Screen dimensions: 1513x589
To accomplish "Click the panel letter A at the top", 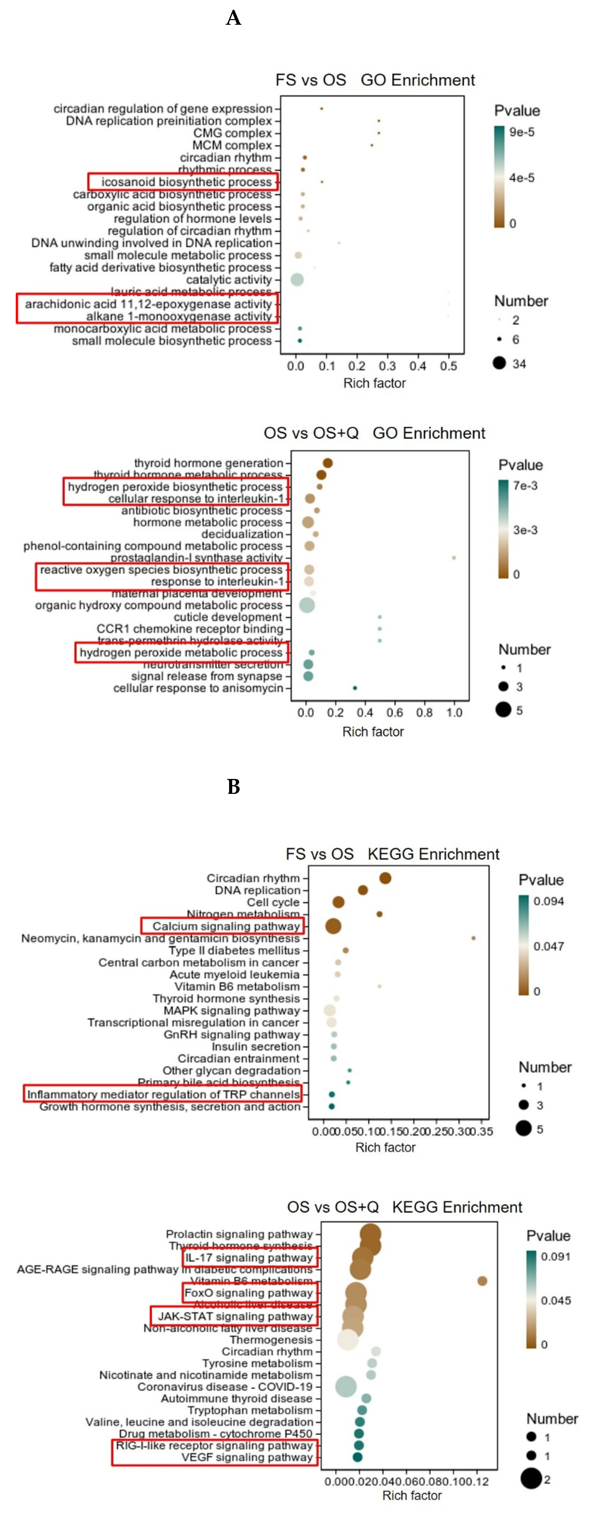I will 233,18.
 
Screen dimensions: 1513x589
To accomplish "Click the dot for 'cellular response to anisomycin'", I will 354,688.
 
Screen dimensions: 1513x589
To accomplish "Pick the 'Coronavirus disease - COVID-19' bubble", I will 346,1387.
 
